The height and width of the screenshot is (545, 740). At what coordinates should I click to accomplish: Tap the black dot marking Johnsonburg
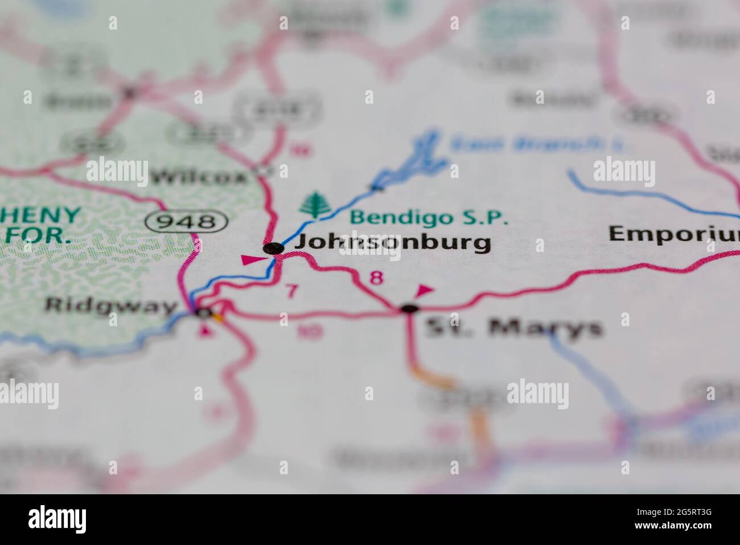(x=274, y=248)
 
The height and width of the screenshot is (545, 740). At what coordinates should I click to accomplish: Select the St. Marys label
(x=514, y=328)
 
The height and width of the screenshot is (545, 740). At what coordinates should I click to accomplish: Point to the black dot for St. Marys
(x=409, y=309)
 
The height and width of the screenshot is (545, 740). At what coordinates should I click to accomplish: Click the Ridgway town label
(x=111, y=306)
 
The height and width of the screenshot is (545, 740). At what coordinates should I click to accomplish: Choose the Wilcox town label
(x=199, y=177)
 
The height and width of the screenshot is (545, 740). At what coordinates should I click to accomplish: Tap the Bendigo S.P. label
(x=429, y=217)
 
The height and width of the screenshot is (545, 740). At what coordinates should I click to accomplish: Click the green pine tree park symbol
(x=313, y=206)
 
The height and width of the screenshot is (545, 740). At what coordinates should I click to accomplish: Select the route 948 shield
(x=186, y=221)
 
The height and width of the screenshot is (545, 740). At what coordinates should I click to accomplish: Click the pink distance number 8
(x=376, y=278)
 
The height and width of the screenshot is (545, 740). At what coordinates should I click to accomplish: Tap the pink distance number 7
(x=291, y=291)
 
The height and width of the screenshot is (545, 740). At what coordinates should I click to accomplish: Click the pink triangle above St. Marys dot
(x=424, y=291)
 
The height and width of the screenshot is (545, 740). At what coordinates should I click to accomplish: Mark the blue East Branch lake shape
(x=421, y=160)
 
